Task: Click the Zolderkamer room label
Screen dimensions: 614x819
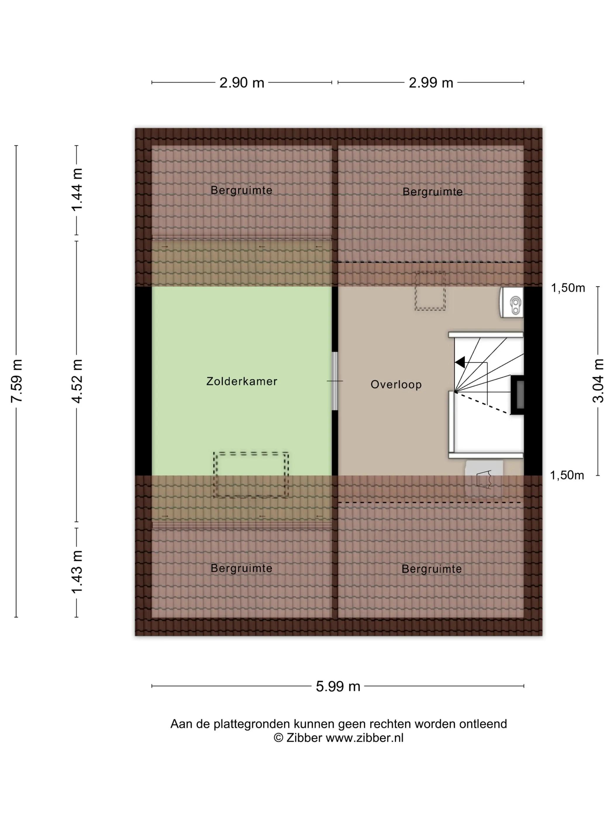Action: click(x=241, y=381)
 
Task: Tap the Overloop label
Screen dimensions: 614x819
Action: click(x=396, y=385)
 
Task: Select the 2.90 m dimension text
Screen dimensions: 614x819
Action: click(x=242, y=82)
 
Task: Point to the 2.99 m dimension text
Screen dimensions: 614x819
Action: click(x=431, y=82)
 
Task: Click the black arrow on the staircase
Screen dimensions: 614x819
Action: click(x=460, y=362)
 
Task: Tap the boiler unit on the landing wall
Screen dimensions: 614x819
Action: click(x=511, y=302)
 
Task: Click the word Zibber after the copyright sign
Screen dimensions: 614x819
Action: click(x=304, y=738)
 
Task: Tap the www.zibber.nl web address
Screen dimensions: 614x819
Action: click(x=365, y=738)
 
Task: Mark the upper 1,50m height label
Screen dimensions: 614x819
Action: click(x=568, y=288)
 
